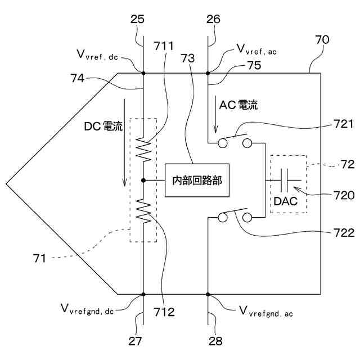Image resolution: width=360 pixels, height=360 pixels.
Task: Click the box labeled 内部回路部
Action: point(197,180)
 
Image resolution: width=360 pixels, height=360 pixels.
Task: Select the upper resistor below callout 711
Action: point(144,150)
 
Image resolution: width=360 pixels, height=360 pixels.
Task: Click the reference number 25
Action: point(138,20)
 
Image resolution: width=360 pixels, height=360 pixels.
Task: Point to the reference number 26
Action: point(213,20)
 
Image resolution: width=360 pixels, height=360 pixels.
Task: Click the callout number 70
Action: point(322,40)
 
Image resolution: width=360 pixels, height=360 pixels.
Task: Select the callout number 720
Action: point(344,195)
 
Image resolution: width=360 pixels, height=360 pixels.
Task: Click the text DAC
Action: point(285,201)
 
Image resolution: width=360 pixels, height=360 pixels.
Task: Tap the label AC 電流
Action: point(238,105)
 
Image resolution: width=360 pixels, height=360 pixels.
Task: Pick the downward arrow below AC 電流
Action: point(215,118)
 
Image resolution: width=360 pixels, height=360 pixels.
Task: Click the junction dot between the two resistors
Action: point(144,180)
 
